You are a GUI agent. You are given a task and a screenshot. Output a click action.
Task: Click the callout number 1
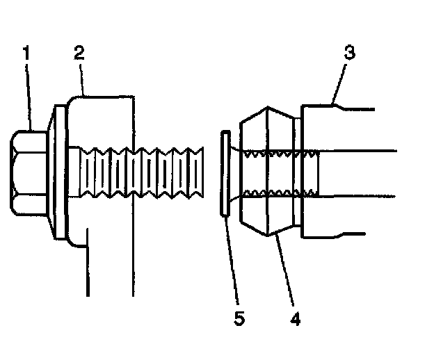(27, 52)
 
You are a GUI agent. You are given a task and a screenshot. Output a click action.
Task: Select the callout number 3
(350, 53)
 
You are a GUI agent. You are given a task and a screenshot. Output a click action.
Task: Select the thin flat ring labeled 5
(224, 174)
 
